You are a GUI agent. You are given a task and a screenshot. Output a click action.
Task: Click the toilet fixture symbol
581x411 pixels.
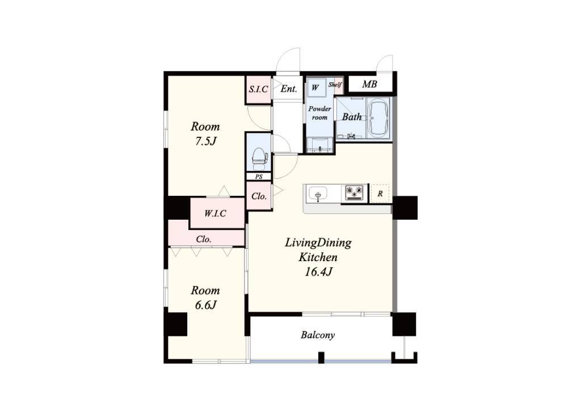click(x=259, y=157)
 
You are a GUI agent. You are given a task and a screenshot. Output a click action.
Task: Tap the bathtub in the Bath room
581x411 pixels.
click(x=378, y=118)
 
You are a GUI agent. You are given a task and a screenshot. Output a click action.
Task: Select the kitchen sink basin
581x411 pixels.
click(x=318, y=194)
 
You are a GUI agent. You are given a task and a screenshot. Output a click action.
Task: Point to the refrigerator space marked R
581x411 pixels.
click(x=380, y=194)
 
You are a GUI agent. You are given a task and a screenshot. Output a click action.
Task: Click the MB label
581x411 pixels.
click(x=369, y=85)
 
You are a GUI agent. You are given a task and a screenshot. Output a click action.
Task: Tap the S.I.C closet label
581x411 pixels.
click(x=258, y=89)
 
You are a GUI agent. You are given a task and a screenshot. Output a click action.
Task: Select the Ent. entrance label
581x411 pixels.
click(x=289, y=89)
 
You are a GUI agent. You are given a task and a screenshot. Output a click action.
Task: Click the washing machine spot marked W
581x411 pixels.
click(x=315, y=88)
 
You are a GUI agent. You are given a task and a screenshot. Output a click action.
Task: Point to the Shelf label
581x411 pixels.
click(x=335, y=85)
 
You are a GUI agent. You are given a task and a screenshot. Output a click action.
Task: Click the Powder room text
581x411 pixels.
click(x=320, y=113)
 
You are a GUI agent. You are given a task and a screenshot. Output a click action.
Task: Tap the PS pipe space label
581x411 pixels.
click(x=259, y=177)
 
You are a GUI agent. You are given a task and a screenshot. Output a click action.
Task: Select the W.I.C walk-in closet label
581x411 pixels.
click(x=215, y=213)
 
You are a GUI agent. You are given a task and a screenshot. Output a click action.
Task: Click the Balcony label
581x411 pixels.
click(x=318, y=335)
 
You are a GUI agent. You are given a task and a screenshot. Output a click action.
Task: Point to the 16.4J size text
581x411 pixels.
click(x=318, y=272)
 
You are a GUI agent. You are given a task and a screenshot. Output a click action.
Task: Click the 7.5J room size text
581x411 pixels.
click(x=205, y=141)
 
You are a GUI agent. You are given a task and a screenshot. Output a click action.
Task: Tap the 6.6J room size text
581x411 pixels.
click(x=205, y=305)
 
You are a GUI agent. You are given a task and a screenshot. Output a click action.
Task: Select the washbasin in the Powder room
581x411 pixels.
click(x=320, y=145)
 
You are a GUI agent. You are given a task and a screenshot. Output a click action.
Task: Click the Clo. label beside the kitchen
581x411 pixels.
click(x=259, y=196)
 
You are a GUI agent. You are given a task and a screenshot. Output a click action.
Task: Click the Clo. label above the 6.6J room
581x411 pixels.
click(x=204, y=240)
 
